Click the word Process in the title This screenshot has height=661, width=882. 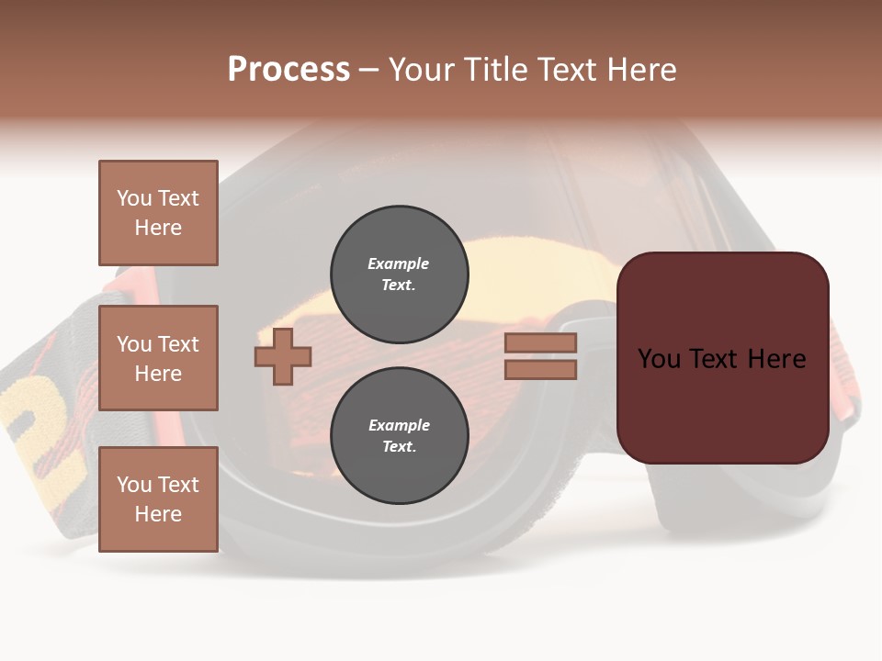click(288, 70)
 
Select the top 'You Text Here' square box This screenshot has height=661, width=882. click(158, 213)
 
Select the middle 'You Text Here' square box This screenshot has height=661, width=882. click(158, 358)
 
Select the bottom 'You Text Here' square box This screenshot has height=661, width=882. click(158, 499)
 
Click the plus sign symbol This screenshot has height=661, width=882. click(283, 356)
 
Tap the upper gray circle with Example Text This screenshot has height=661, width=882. click(400, 274)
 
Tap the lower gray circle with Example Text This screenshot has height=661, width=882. click(400, 435)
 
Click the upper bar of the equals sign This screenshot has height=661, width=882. click(540, 343)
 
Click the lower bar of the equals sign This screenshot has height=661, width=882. click(540, 370)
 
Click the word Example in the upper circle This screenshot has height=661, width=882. click(398, 263)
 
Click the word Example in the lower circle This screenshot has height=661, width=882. click(399, 425)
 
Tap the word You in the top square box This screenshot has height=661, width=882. click(134, 198)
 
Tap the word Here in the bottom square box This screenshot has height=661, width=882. click(158, 514)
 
